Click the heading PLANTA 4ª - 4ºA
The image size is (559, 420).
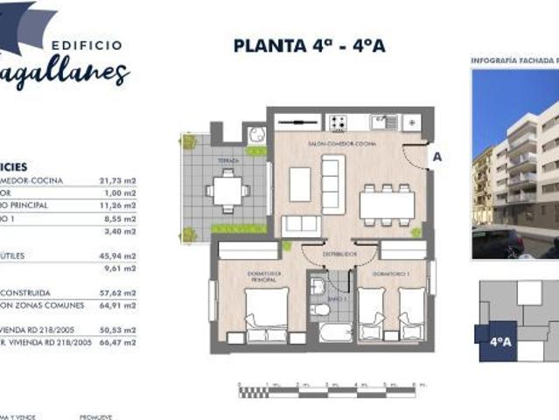(309, 45)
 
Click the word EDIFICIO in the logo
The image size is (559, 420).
(87, 45)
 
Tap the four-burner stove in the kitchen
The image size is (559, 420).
(339, 122)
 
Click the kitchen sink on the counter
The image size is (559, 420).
(381, 122)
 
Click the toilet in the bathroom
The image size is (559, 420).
(321, 310)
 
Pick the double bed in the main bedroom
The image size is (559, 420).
(268, 313)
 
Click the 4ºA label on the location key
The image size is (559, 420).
(500, 342)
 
